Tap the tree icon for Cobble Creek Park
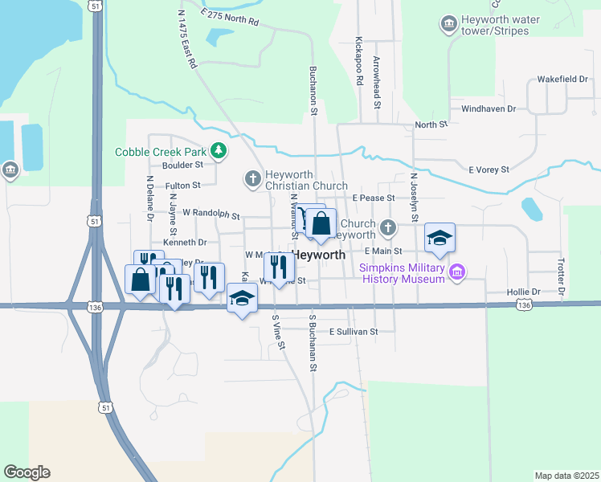point(218,150)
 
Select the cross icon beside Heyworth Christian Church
point(252,178)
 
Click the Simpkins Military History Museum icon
point(457,272)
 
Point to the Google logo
point(27,472)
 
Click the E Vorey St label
point(489,170)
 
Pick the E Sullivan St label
point(352,331)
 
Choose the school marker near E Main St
point(440,237)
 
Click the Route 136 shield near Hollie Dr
point(524,305)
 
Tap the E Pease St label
point(373,198)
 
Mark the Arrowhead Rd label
point(376,77)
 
